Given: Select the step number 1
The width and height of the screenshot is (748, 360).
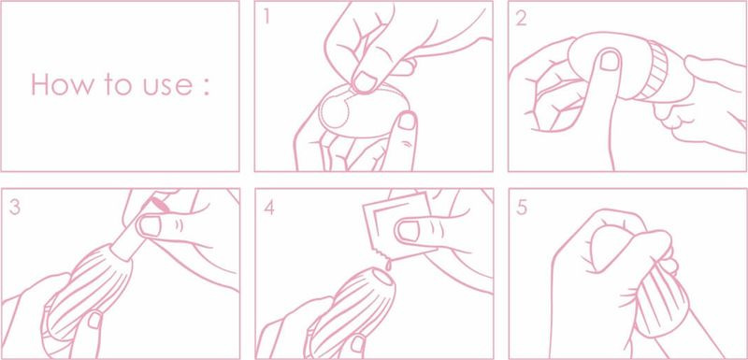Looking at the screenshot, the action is coord(266,17).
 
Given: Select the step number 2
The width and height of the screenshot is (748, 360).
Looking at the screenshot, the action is coord(521,18).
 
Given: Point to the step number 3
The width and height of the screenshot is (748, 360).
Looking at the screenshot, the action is coord(15,208).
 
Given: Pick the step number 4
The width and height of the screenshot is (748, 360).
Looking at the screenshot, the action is coord(269,208).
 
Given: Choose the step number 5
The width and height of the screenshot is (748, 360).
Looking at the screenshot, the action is coord(522,208).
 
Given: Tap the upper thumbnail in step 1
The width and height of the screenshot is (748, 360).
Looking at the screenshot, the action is coord(365,81).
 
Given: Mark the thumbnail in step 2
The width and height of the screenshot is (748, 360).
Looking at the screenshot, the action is coord(610,61).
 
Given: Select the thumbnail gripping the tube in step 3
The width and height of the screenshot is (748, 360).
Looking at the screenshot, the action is coord(151,226).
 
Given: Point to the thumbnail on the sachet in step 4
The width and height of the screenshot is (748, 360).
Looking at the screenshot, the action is coord(410,230).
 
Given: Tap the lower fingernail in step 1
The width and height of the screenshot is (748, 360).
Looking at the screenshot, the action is coord(407,122).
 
